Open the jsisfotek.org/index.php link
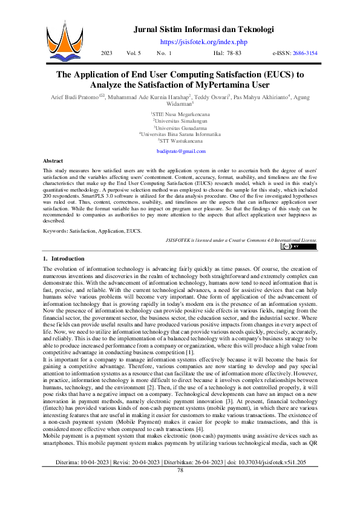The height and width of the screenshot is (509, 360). (x=204, y=42)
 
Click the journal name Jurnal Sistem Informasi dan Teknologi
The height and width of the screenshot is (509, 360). (x=204, y=29)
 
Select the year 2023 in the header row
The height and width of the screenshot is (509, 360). (x=106, y=53)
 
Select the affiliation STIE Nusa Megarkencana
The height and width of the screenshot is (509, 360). (x=180, y=114)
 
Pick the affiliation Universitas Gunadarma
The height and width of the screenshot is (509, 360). (x=180, y=128)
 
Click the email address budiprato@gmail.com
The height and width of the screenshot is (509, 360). (x=180, y=151)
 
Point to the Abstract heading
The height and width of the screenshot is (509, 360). (x=53, y=161)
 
